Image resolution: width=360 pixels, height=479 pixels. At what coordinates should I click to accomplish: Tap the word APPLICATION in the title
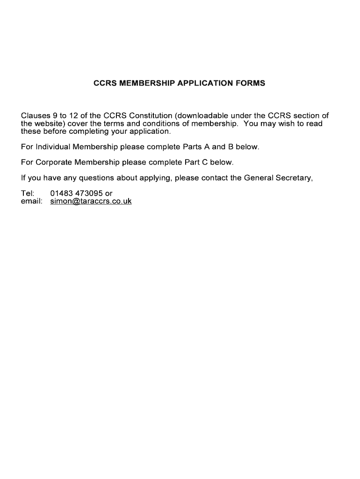tap(208, 84)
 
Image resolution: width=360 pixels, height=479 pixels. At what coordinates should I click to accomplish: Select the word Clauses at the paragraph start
tap(35, 116)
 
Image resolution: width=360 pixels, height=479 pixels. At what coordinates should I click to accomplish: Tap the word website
tap(50, 123)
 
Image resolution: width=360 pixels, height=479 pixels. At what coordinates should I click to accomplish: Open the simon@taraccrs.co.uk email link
tap(91, 201)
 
